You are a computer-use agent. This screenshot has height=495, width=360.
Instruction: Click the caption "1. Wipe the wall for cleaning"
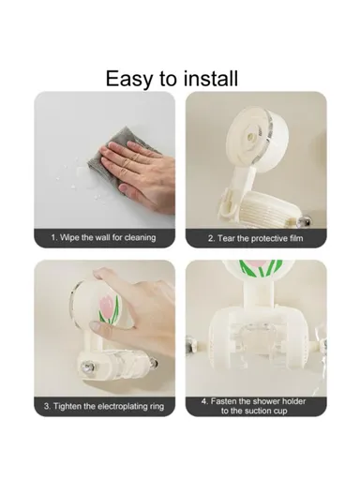coord(103,237)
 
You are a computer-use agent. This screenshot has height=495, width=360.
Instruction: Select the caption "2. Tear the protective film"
coord(256,238)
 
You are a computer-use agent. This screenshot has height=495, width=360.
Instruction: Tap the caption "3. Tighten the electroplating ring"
coord(104,406)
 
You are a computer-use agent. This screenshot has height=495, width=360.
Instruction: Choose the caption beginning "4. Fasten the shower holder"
coord(254,406)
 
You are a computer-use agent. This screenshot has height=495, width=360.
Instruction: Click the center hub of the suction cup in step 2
coord(251,136)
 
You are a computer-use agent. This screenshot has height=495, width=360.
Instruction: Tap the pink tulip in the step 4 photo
coord(257,263)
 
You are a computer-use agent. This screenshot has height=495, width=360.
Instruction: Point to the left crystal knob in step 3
coord(86,367)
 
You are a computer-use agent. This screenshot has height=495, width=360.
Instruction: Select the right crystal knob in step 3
coord(154,363)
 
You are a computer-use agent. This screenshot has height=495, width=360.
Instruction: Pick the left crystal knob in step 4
coord(190,345)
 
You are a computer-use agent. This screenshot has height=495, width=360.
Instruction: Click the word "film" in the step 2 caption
coord(296,238)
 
